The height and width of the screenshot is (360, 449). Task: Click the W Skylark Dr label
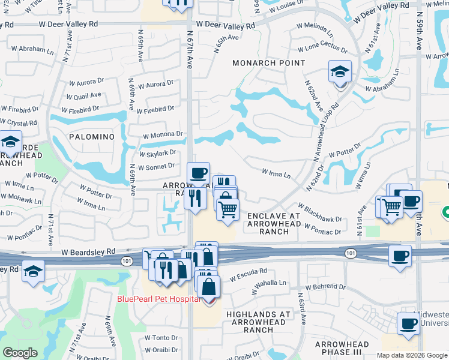157,154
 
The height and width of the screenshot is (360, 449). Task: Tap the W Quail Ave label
85,95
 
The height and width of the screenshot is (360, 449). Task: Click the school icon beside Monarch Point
340,73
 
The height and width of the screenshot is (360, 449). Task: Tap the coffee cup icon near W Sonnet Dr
198,173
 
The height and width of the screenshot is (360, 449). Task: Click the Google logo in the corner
20,353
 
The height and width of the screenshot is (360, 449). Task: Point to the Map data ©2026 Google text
411,355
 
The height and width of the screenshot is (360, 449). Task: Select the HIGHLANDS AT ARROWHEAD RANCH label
258,322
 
